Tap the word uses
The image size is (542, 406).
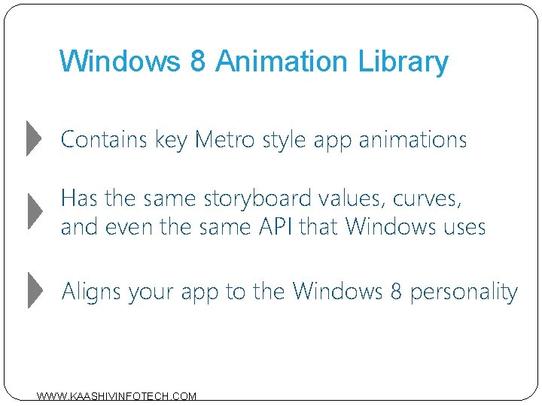(x=460, y=226)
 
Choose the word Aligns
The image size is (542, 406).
(x=92, y=291)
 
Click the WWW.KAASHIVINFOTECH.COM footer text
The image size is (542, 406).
(x=117, y=396)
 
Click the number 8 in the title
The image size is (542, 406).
(x=197, y=61)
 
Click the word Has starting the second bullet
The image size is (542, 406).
(x=78, y=199)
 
